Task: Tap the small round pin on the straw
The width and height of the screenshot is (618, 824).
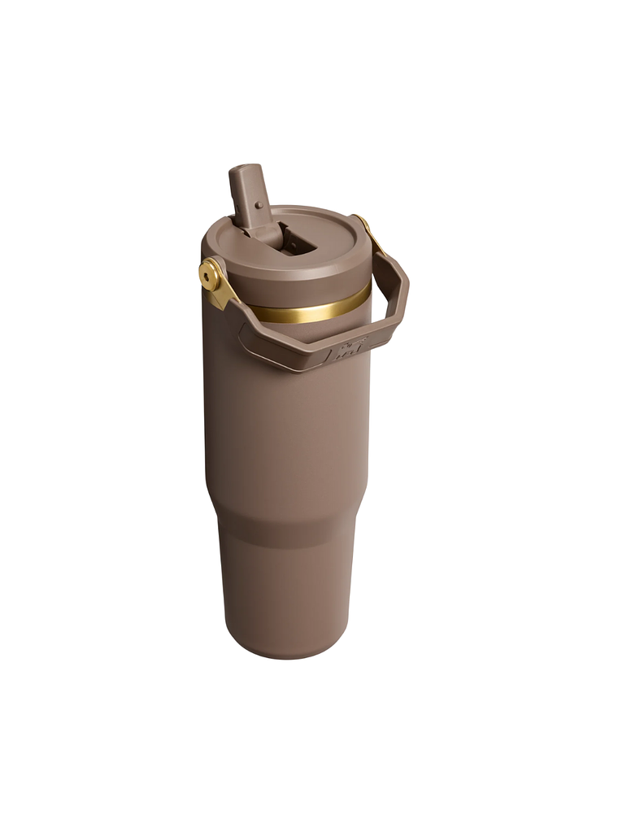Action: click(x=259, y=206)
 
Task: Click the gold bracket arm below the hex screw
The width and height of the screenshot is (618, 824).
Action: click(x=220, y=298)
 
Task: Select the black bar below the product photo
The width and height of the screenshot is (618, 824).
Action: click(x=309, y=773)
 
